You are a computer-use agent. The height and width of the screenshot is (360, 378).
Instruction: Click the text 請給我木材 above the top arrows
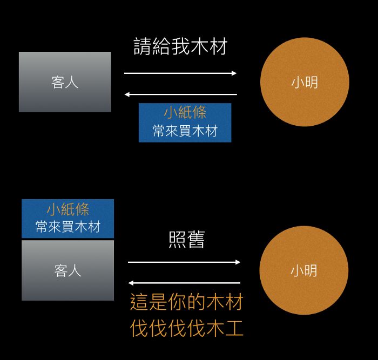tap(180, 47)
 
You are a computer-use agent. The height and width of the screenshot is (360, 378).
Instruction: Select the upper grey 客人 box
tap(65, 82)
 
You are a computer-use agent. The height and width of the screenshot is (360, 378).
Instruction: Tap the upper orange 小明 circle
tap(305, 81)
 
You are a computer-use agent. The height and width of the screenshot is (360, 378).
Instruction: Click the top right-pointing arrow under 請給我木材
tap(180, 73)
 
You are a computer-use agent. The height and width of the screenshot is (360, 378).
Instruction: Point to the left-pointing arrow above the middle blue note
tap(180, 94)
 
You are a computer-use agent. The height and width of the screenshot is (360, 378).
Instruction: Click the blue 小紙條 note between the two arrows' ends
tap(185, 123)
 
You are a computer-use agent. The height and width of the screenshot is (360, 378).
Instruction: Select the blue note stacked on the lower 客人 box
tap(67, 219)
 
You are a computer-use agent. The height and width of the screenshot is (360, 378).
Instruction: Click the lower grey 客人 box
tap(67, 270)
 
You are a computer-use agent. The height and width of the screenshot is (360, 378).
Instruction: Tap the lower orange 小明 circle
tap(304, 270)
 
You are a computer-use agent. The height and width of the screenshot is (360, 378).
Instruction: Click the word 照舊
tap(186, 240)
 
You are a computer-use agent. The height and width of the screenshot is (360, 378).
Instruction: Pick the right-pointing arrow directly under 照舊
tap(184, 262)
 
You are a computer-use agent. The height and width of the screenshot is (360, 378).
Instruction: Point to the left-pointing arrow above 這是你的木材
tap(184, 283)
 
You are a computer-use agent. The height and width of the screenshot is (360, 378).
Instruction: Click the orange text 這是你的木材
tap(187, 302)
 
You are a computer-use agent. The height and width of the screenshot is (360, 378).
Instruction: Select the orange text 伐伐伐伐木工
tap(187, 328)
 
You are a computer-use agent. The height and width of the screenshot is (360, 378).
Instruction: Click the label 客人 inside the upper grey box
tap(65, 82)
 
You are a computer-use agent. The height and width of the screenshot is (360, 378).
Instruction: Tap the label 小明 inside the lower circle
tap(304, 270)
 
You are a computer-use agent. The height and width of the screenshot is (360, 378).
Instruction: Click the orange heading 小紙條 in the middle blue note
tap(185, 113)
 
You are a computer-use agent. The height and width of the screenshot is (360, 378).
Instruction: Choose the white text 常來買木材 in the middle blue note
tap(185, 131)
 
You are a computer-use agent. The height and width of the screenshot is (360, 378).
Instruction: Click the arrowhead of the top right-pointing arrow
tap(234, 73)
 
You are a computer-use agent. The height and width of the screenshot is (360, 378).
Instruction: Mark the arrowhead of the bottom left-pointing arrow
tap(131, 283)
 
